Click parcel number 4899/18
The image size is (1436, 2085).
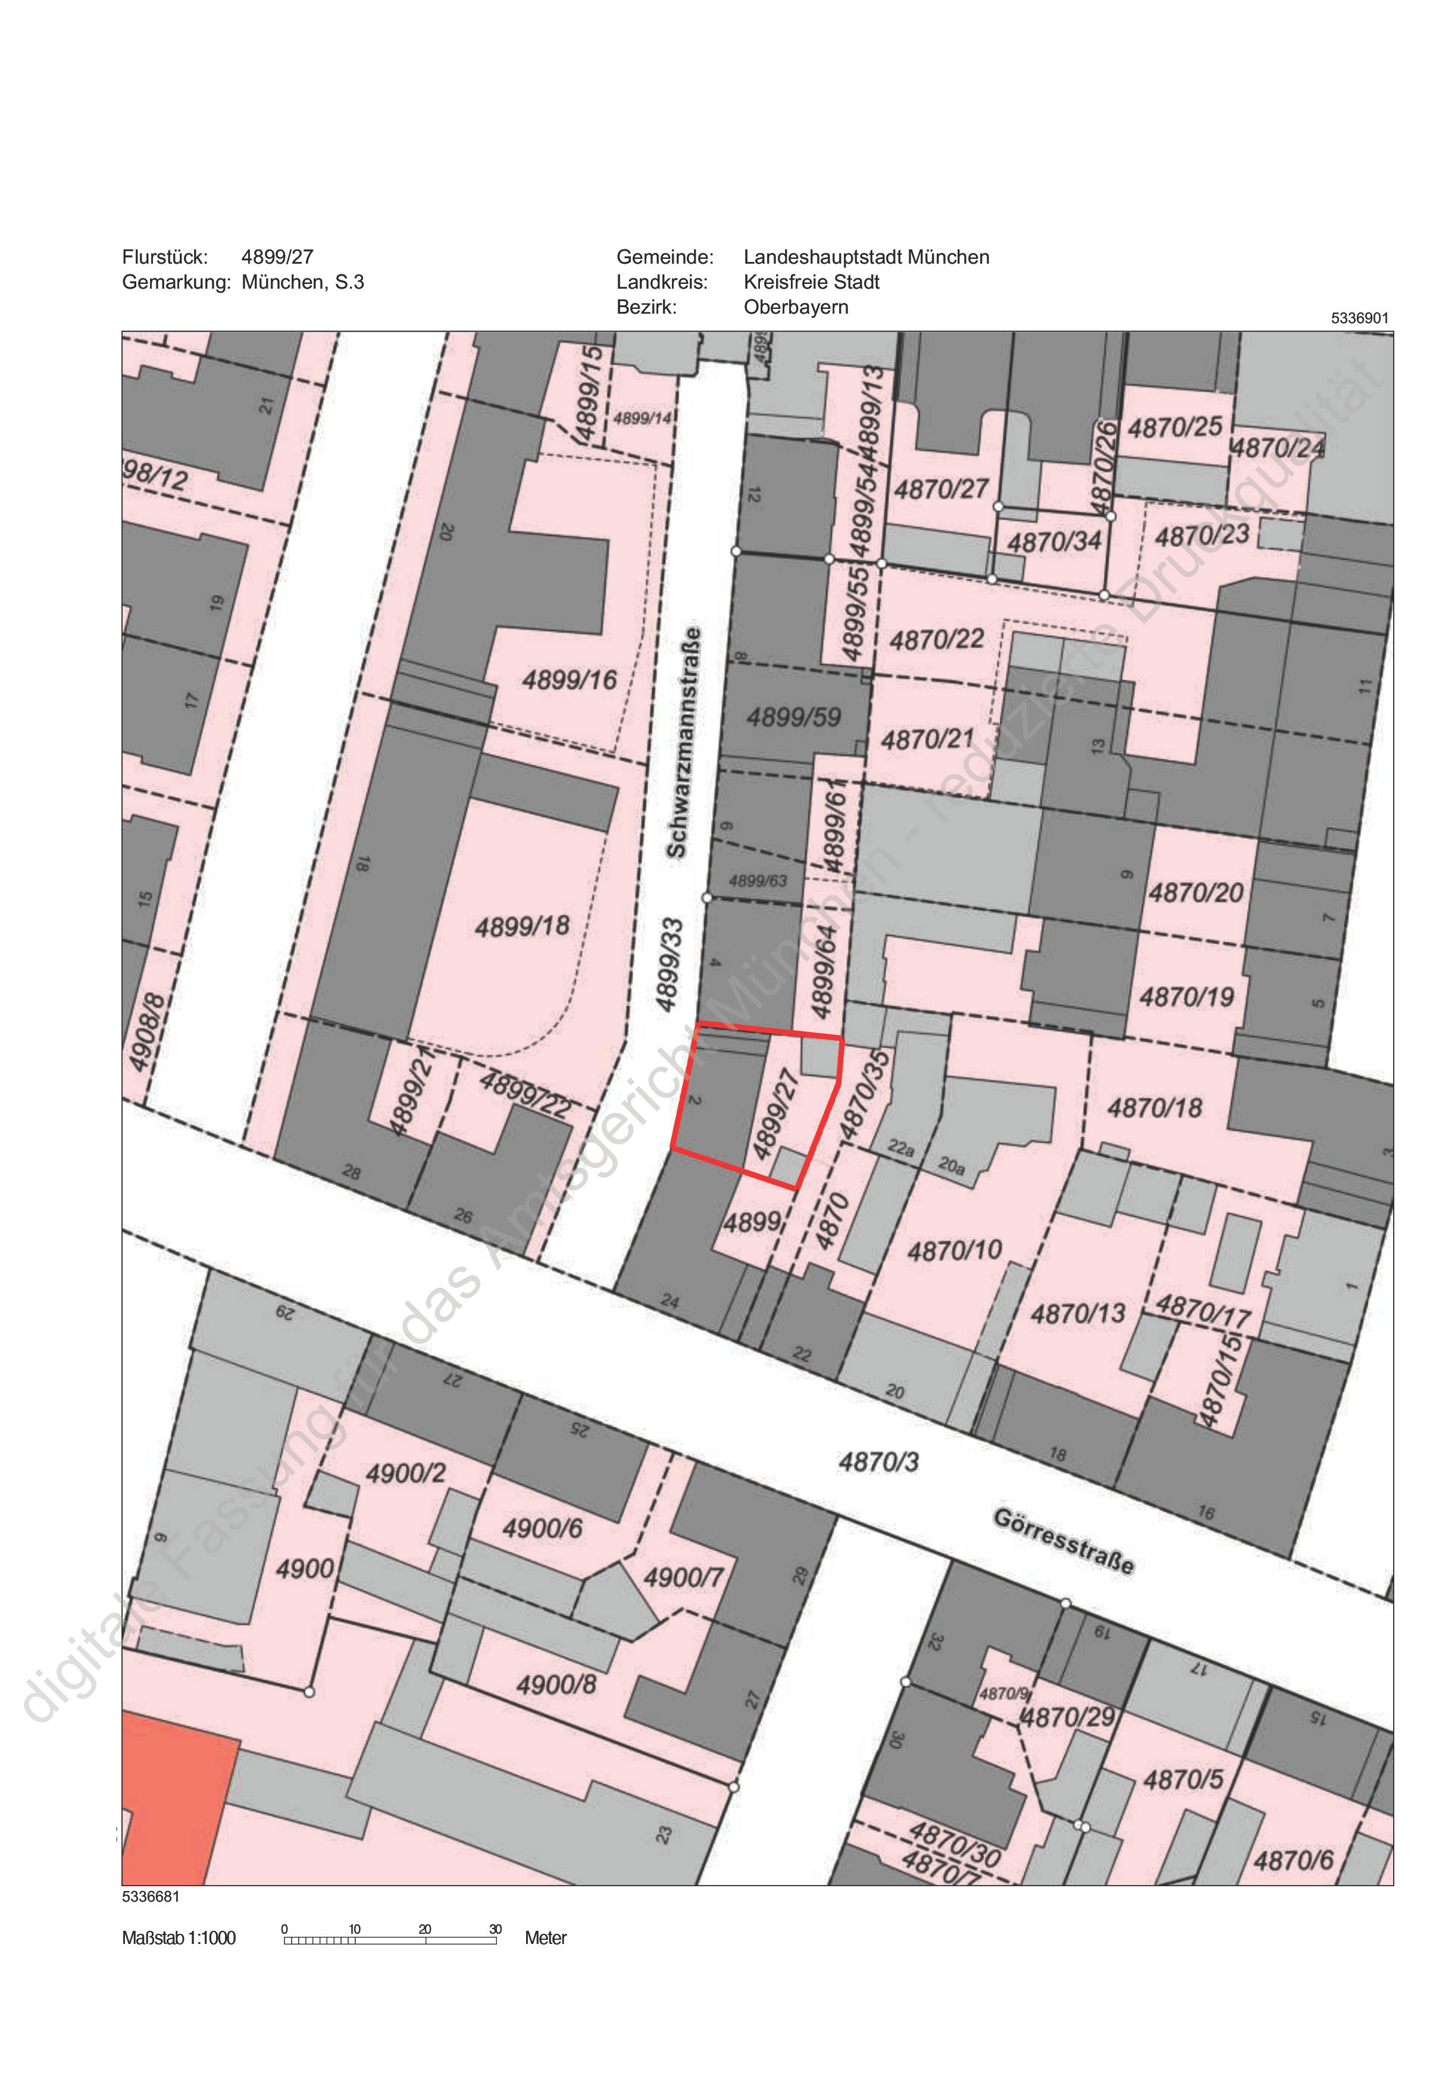tap(522, 926)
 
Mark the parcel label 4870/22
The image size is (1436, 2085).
tap(937, 640)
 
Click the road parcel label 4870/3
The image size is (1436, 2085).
tap(878, 1461)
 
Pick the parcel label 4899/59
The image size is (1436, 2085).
tap(794, 717)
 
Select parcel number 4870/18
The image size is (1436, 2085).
tap(1155, 1108)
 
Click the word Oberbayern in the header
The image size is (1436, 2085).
tap(796, 307)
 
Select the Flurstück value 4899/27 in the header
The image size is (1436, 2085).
tap(277, 257)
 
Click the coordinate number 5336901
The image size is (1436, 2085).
tap(1359, 318)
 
